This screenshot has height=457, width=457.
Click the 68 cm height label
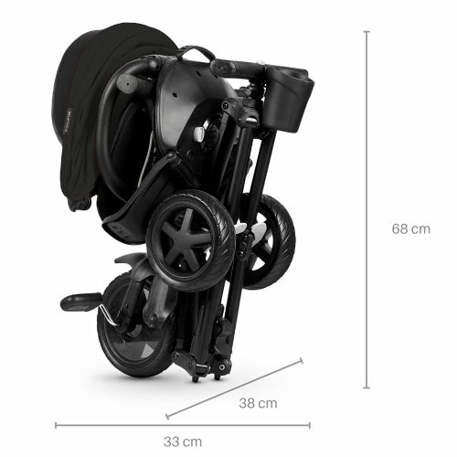point(411,228)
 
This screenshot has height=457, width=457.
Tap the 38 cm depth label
point(258,403)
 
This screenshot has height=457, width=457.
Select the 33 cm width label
point(183,441)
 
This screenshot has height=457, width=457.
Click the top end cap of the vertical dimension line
point(367,31)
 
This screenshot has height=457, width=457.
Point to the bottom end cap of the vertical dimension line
point(367,388)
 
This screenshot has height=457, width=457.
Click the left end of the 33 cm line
point(56,425)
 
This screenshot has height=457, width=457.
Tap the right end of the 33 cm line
point(310,425)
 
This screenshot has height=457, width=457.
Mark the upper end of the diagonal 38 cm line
point(302,361)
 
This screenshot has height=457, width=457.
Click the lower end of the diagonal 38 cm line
point(167,416)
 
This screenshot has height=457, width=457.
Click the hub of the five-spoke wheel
point(186,239)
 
